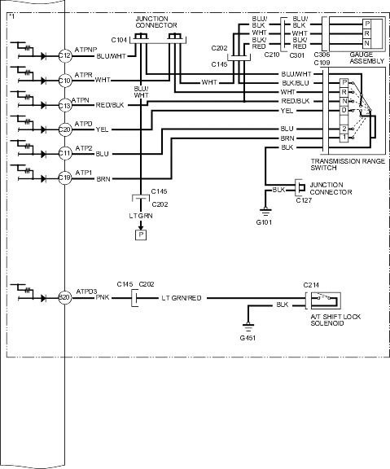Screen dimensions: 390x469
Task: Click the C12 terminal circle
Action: point(65,55)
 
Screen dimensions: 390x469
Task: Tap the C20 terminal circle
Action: point(65,129)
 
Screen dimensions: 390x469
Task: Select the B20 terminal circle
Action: point(65,298)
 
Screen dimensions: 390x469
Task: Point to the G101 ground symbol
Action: point(265,212)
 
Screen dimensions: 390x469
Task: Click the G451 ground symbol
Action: point(248,327)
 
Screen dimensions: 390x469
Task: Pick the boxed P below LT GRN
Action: point(141,234)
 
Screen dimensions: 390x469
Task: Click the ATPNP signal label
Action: point(85,50)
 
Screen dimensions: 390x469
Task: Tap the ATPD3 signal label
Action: point(86,291)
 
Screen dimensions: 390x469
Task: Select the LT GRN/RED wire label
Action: point(182,298)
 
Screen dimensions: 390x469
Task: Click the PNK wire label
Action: point(103,298)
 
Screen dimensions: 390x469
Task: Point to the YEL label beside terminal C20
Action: point(102,129)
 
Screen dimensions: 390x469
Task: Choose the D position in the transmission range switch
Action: point(344,111)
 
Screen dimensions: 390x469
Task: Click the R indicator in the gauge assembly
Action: point(367,33)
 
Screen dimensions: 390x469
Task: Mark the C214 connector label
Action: point(311,285)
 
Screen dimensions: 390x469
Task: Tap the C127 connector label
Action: point(304,200)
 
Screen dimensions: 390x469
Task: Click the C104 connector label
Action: point(119,40)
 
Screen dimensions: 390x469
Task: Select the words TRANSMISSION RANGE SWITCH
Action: point(348,164)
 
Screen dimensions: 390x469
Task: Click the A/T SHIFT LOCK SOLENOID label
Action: point(335,320)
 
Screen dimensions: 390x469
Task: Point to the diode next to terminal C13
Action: point(43,105)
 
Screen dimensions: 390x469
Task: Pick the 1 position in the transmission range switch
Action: point(344,138)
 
